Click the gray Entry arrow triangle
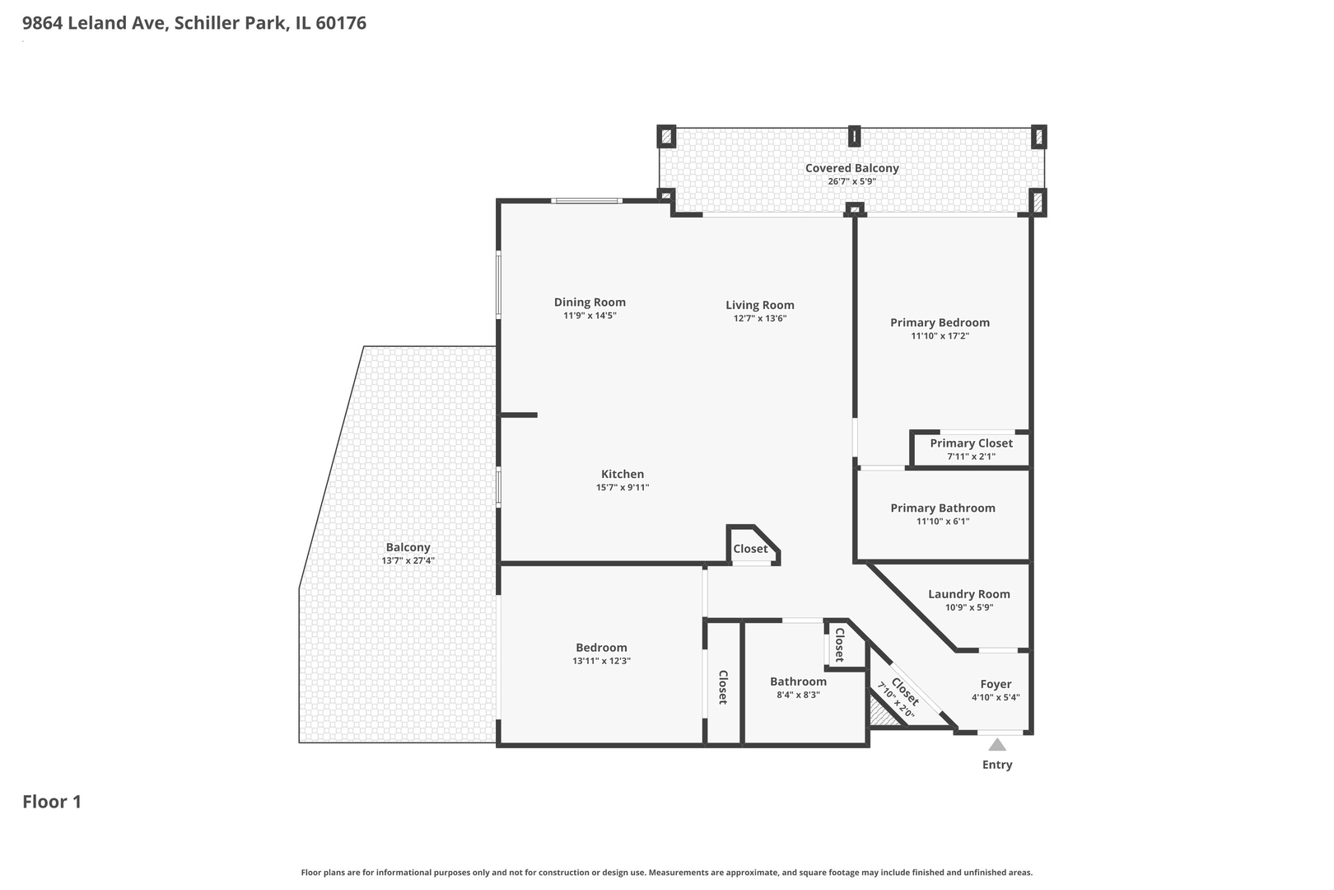tap(997, 744)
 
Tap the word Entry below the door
tap(997, 765)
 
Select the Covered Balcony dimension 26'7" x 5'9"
tap(851, 181)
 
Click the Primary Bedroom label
tap(940, 322)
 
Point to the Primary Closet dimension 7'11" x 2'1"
tap(972, 457)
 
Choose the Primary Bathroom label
tap(943, 508)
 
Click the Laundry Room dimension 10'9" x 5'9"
tap(969, 607)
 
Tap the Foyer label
tap(996, 684)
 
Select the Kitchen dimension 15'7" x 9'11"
tap(623, 488)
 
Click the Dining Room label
tap(590, 302)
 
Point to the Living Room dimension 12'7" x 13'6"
tap(760, 318)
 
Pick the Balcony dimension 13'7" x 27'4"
tap(408, 561)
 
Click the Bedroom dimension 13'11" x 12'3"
tap(601, 661)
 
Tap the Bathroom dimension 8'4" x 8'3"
tap(798, 695)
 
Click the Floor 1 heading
tap(52, 802)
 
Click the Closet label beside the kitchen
tap(750, 549)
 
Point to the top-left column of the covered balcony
tap(666, 137)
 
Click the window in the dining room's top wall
tap(586, 201)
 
